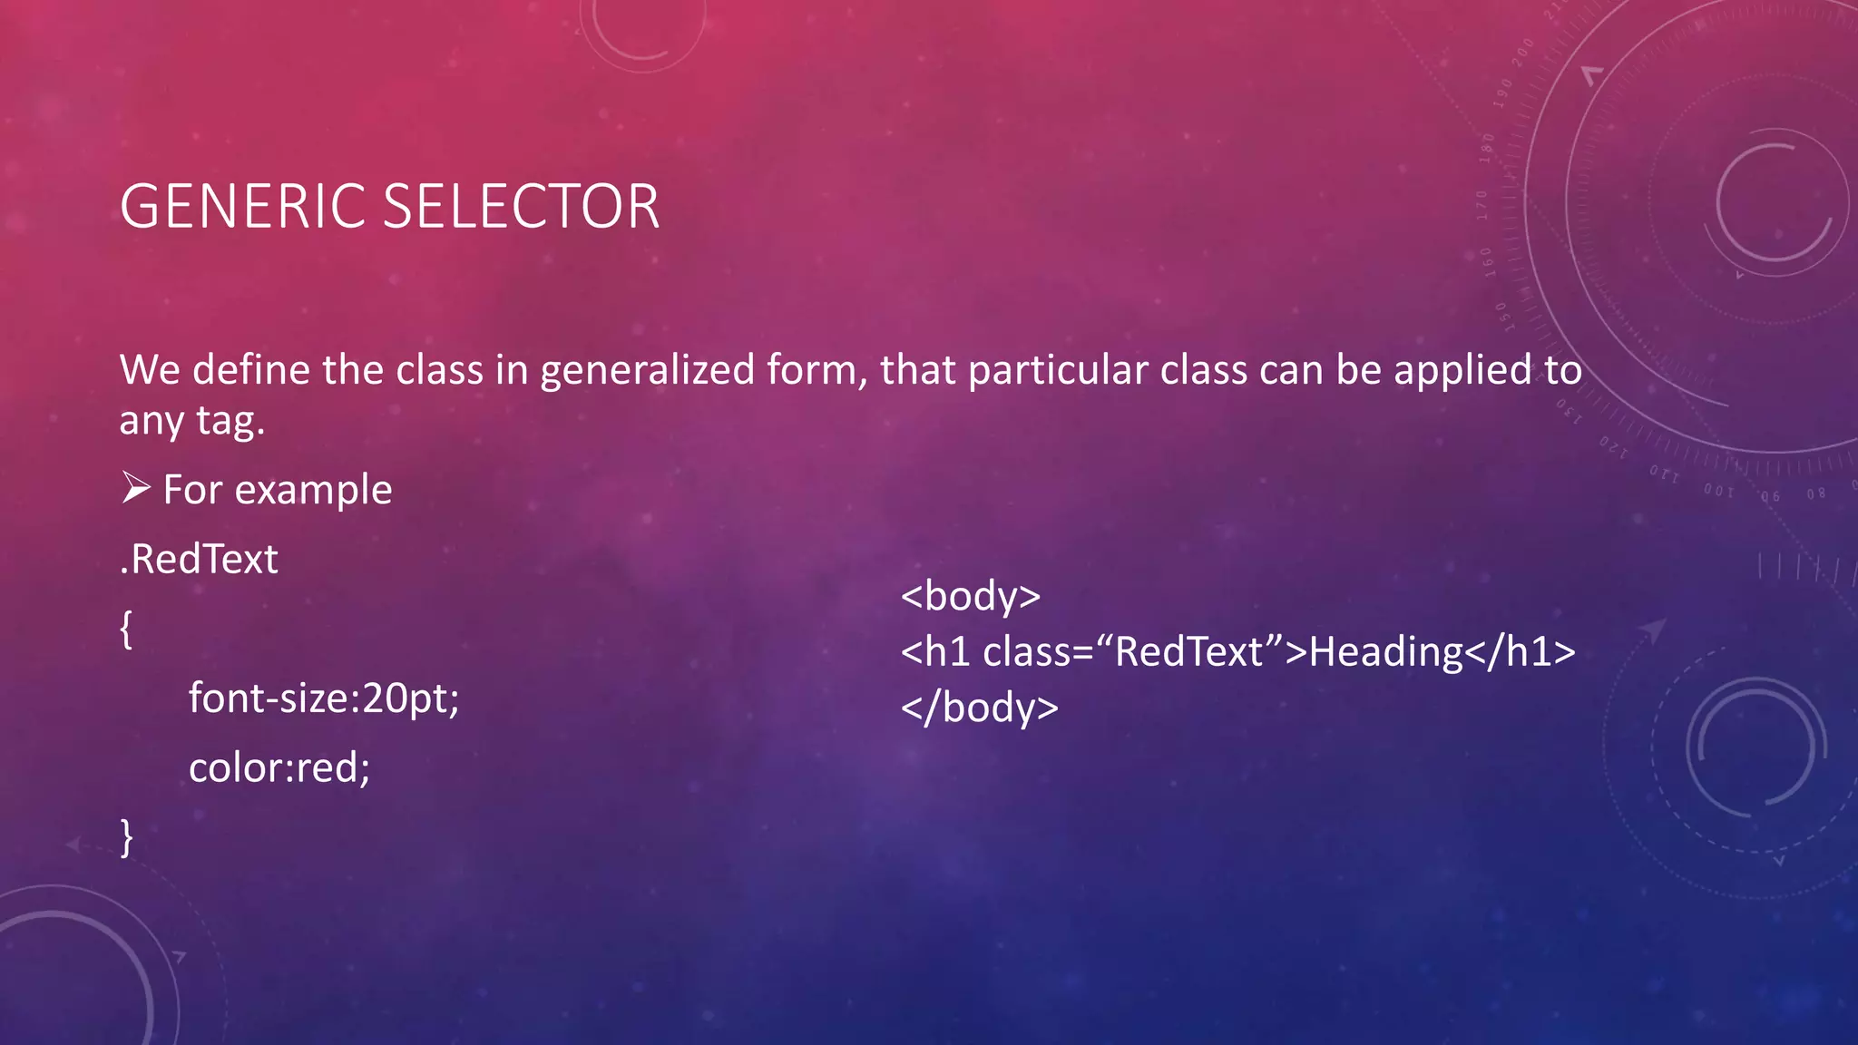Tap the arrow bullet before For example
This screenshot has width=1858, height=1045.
pos(136,489)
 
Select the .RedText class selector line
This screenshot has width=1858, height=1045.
pos(199,559)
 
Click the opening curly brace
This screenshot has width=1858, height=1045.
pos(126,629)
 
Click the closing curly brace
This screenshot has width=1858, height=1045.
pos(126,836)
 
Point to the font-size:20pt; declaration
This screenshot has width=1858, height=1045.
pos(324,698)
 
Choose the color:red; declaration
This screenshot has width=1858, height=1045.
pos(279,768)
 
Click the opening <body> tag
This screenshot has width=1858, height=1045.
pos(971,596)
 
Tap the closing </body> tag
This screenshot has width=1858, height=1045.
pos(980,708)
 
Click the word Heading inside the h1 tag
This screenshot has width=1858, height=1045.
pos(1386,652)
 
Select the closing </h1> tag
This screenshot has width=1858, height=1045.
pos(1521,652)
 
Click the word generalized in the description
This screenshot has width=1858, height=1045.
pos(647,371)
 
